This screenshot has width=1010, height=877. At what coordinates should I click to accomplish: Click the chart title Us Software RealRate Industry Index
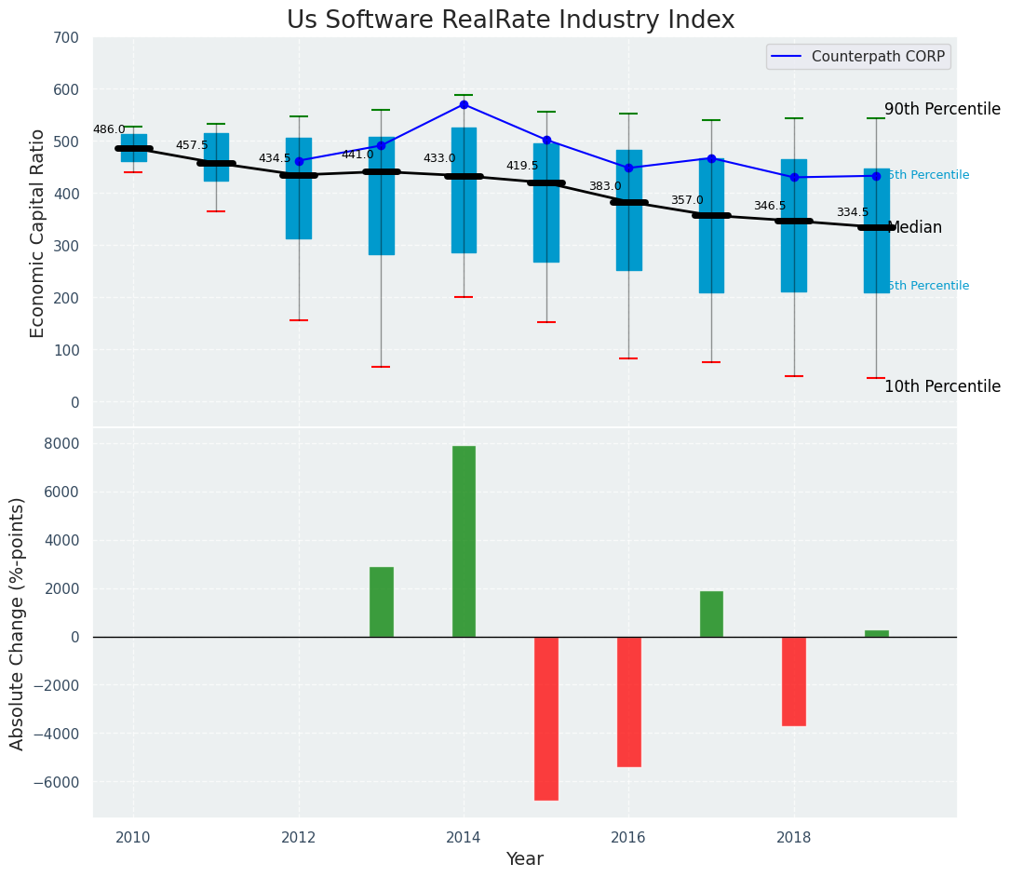click(510, 20)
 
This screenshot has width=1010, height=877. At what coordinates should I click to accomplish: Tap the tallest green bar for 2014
click(464, 541)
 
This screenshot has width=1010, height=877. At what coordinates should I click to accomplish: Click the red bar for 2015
click(546, 718)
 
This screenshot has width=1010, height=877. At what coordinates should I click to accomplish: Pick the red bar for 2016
click(629, 701)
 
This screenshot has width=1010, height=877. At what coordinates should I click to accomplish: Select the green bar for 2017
click(711, 614)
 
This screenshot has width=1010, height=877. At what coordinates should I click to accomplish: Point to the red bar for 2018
click(794, 681)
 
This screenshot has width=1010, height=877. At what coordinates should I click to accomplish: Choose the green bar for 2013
click(382, 601)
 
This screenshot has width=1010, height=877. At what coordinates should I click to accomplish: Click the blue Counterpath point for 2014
click(464, 104)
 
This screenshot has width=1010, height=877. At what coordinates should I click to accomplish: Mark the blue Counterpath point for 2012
click(299, 161)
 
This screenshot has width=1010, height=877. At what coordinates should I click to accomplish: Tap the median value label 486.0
click(109, 129)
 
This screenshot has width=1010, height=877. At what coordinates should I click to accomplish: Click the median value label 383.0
click(604, 186)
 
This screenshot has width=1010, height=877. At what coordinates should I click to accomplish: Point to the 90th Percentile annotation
click(942, 109)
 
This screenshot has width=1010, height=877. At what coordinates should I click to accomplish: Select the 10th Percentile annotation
click(942, 386)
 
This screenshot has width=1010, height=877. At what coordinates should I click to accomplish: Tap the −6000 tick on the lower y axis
click(59, 782)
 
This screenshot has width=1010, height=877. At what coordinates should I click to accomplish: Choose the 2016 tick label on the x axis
click(628, 837)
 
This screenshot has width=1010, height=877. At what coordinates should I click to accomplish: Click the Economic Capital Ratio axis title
click(38, 233)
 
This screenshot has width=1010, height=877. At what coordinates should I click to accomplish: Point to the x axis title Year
click(525, 858)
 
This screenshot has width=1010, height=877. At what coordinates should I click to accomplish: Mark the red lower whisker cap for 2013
click(381, 367)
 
